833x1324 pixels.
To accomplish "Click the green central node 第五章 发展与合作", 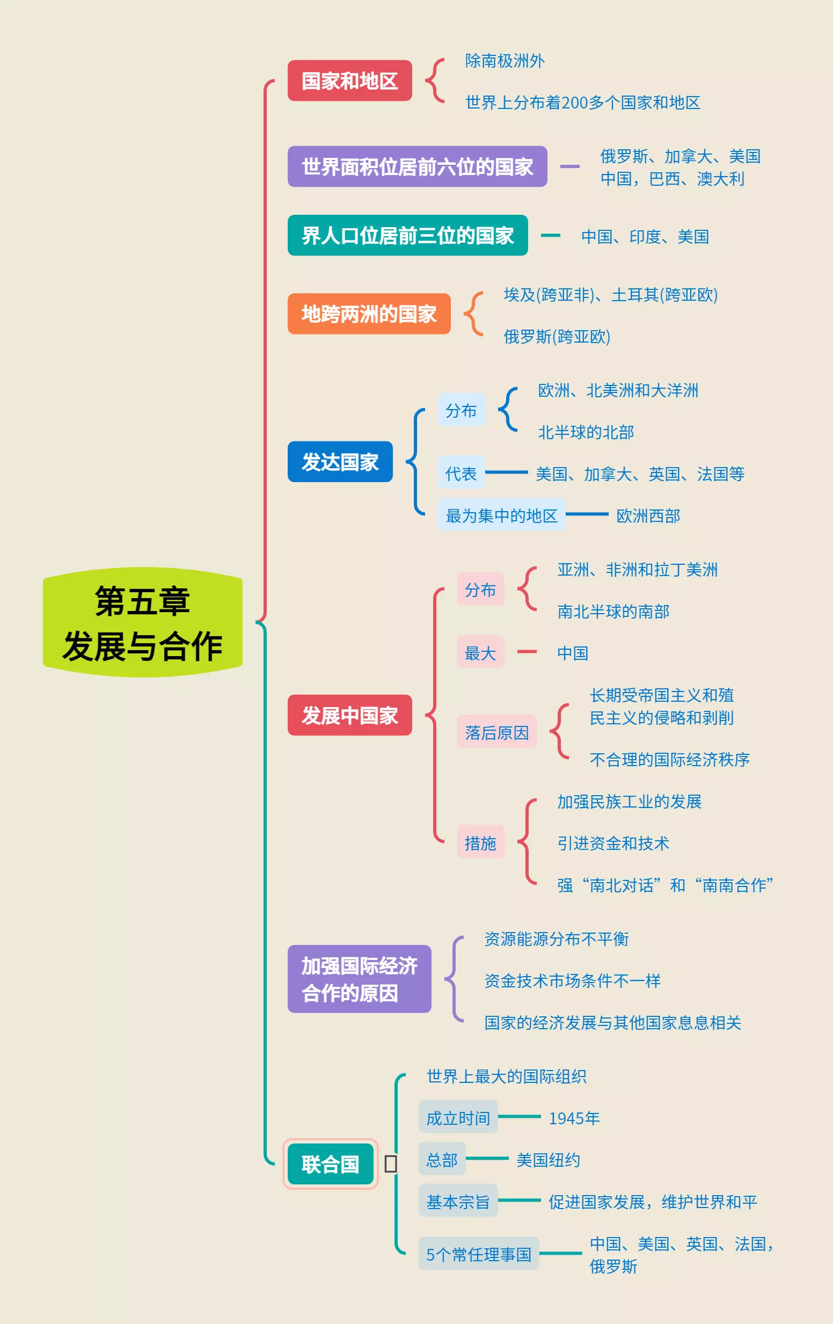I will pos(142,622).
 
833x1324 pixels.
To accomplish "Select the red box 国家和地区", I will pos(350,81).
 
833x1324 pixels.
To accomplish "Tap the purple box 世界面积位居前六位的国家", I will pos(417,166).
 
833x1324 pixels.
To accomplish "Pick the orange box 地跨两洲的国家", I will pos(369,314).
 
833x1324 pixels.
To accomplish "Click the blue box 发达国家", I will pos(340,462).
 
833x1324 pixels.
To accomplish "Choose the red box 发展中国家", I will pos(350,715).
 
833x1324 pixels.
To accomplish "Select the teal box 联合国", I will pos(331,1164).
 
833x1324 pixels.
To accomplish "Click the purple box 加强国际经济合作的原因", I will pos(359,979).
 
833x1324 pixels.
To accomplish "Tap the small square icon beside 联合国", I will pos(390,1163).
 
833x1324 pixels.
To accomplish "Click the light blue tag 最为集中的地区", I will pos(501,515).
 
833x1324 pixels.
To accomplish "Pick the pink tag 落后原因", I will pos(496,732).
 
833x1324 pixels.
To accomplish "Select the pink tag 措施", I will pos(480,842).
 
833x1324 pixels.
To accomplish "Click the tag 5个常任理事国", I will pos(478,1254).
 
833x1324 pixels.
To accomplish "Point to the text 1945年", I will pos(574,1118).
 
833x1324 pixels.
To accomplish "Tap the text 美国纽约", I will pos(548,1160).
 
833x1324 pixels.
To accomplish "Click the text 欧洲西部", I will pos(648,515).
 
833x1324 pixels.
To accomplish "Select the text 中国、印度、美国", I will pos(645,236).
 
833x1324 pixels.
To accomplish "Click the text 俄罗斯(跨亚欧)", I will pos(557,337).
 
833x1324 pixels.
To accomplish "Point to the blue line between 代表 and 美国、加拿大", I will pos(506,472).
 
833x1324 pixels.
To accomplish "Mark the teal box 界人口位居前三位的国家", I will pos(407,236).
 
